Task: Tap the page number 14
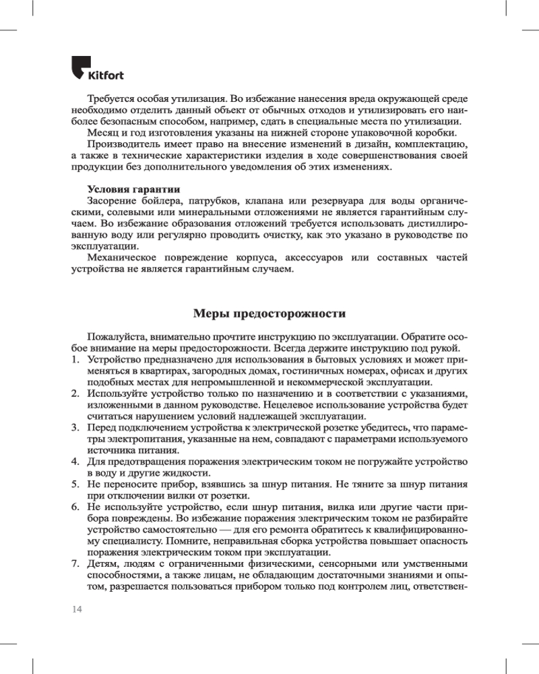(76, 609)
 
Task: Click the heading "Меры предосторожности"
(269, 313)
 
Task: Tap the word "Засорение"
(111, 201)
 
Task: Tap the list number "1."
(76, 360)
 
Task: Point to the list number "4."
(76, 462)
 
